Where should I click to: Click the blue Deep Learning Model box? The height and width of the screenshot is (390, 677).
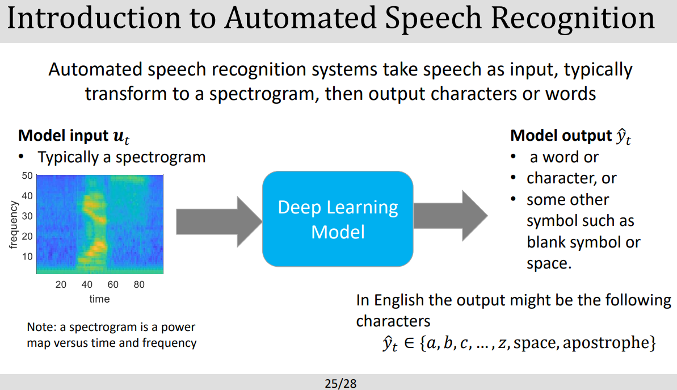tap(338, 219)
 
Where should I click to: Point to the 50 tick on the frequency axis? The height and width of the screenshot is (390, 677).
tap(27, 175)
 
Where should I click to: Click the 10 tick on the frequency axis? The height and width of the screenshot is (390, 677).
tap(27, 257)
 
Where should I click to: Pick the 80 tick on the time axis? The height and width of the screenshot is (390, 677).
tap(139, 284)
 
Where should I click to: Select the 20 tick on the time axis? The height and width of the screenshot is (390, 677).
tap(61, 284)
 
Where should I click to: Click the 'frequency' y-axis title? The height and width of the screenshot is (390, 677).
tap(13, 225)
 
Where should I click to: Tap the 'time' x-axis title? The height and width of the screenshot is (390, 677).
tap(99, 299)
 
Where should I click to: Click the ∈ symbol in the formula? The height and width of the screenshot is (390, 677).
tap(408, 343)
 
